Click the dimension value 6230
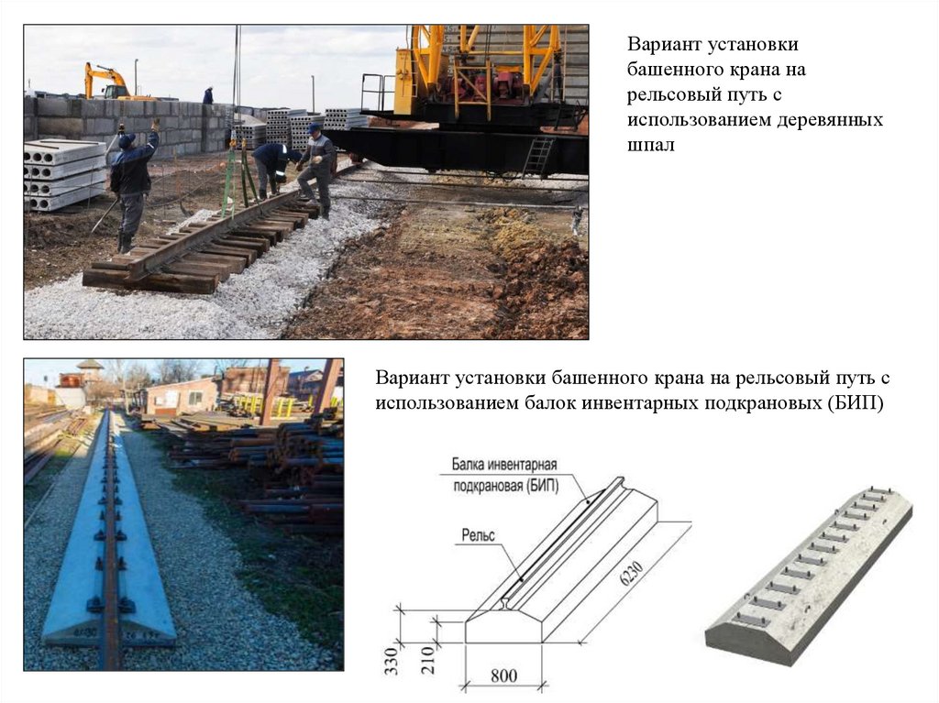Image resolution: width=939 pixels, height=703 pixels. coord(633,575)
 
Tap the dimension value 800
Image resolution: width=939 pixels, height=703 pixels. coord(503,676)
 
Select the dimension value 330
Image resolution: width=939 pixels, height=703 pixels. coord(391,661)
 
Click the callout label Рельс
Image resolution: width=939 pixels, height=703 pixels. coord(479,534)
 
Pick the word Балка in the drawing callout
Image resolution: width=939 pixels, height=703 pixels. coord(469,464)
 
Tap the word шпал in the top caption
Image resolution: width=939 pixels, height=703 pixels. coord(651,146)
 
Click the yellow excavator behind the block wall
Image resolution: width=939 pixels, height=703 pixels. coord(108,82)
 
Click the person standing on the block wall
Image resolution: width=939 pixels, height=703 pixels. coord(208,96)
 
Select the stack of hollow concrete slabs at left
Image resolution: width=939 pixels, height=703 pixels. coord(65,174)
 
